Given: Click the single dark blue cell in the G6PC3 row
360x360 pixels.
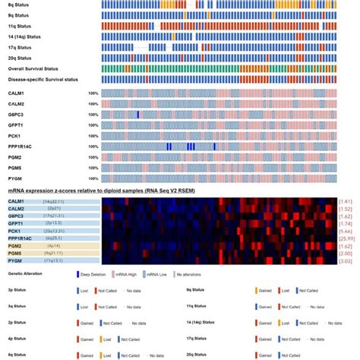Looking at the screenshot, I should [138, 114].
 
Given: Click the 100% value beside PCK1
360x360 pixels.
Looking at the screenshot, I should [93, 135].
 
